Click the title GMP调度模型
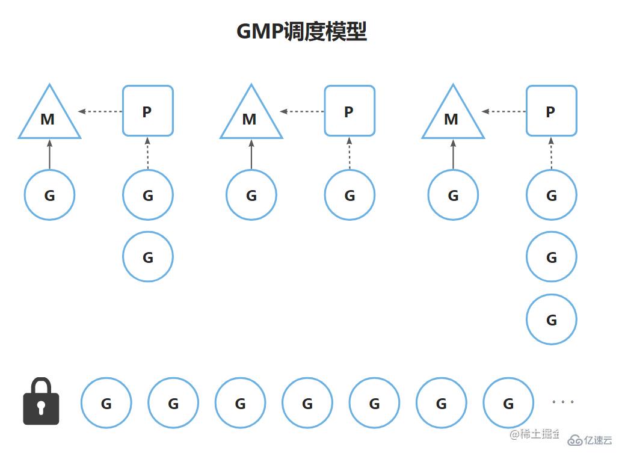301,31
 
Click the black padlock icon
41,402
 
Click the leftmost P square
148,111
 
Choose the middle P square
350,111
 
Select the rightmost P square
551,111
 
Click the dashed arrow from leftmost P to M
100,111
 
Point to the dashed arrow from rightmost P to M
504,111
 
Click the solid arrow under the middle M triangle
251,154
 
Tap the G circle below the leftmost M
49,195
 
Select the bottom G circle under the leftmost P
148,257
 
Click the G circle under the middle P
350,195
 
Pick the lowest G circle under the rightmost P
551,319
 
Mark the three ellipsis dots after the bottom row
562,401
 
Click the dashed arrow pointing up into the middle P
350,153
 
